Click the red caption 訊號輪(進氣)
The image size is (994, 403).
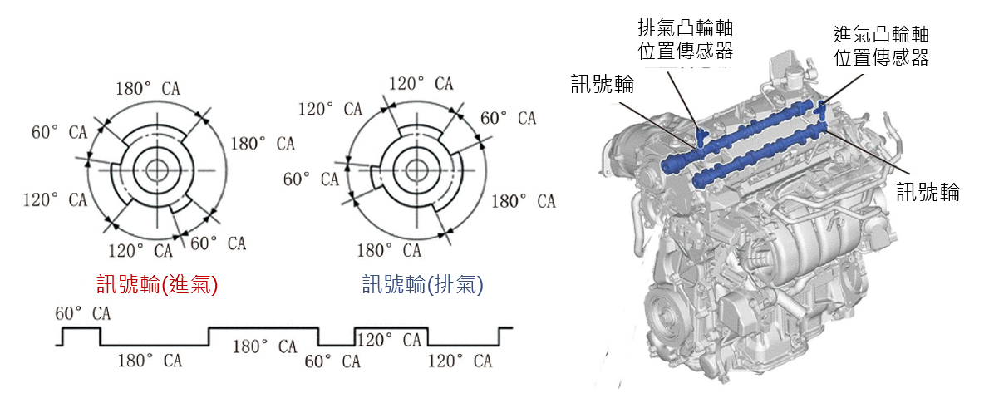click(157, 285)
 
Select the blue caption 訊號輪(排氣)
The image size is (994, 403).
click(422, 285)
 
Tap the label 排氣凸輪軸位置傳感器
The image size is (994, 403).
click(685, 39)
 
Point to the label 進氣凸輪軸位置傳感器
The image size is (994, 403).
click(881, 46)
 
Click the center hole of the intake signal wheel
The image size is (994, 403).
click(157, 170)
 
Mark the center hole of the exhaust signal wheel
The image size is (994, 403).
click(414, 170)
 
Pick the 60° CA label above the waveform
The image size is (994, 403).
click(82, 314)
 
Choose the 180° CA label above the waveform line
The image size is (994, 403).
click(263, 346)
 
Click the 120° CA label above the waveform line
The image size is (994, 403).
click(390, 340)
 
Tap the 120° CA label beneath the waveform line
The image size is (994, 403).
click(460, 361)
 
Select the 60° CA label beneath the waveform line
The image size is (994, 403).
click(332, 361)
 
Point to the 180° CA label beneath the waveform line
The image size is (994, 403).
click(149, 361)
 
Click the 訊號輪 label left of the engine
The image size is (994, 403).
click(602, 85)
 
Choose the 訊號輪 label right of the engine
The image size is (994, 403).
click(928, 193)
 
